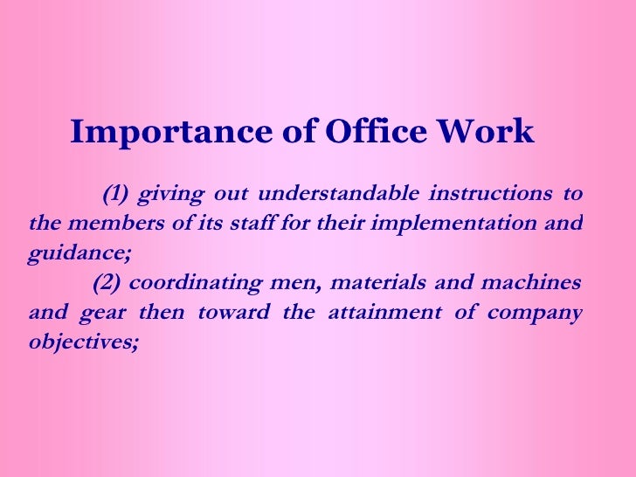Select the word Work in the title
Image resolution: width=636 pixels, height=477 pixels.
click(485, 132)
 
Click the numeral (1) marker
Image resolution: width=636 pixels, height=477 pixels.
click(115, 192)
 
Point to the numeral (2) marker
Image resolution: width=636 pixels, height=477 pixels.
click(106, 283)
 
